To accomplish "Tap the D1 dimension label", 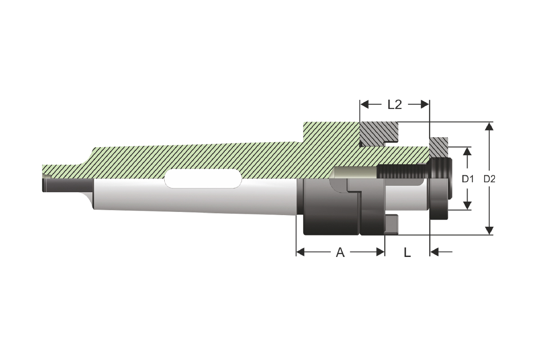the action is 468,179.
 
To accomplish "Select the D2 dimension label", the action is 490,179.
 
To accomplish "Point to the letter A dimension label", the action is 340,252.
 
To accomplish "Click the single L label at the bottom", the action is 407,252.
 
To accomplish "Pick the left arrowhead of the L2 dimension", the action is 364,105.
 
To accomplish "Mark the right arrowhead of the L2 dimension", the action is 425,105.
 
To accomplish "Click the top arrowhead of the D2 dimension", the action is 489,127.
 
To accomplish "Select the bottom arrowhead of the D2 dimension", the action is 489,230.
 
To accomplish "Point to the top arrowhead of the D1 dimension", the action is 468,152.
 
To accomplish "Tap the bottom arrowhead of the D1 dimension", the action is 468,206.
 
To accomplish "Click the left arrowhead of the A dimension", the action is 301,252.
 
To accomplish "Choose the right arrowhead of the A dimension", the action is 380,252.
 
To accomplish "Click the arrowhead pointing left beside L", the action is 435,252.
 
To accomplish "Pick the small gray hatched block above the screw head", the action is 439,147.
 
